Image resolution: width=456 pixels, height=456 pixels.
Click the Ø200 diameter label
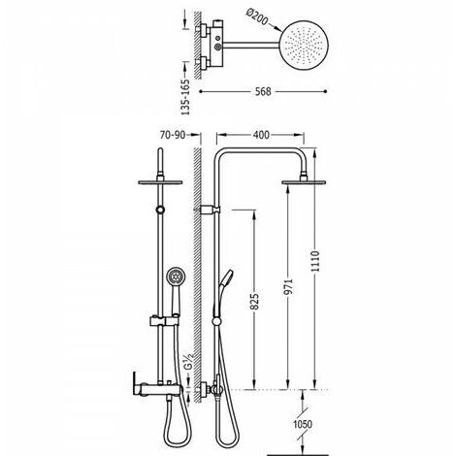click(x=257, y=16)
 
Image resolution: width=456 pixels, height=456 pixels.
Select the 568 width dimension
click(x=263, y=91)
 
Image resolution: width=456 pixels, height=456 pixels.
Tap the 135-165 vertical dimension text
click(x=185, y=97)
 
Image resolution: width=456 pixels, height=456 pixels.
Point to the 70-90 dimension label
click(x=173, y=135)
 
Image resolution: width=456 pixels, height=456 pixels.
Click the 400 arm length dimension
click(x=261, y=135)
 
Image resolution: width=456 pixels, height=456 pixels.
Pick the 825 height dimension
click(x=254, y=302)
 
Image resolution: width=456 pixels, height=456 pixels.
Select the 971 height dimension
click(x=288, y=287)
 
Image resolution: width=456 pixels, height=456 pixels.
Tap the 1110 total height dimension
click(x=315, y=261)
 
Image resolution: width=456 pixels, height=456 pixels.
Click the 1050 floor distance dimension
click(x=303, y=424)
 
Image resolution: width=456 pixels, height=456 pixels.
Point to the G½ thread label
click(x=188, y=361)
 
